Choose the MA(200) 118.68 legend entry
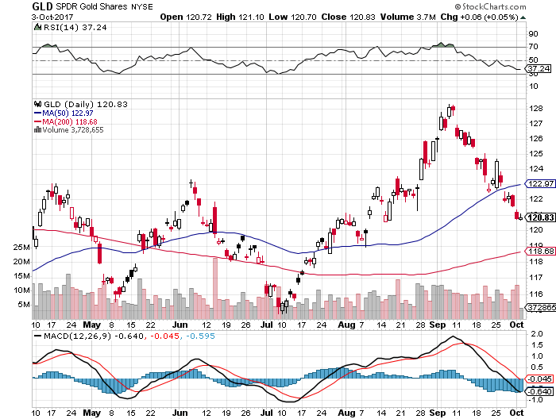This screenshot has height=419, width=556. click(x=67, y=121)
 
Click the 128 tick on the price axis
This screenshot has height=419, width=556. click(x=535, y=109)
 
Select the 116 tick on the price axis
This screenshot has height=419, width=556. click(x=535, y=292)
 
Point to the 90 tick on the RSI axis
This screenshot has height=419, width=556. click(x=535, y=34)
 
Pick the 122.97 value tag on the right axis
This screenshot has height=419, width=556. click(x=540, y=184)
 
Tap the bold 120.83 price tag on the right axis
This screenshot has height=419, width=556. click(x=540, y=217)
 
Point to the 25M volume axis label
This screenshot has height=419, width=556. click(x=21, y=248)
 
